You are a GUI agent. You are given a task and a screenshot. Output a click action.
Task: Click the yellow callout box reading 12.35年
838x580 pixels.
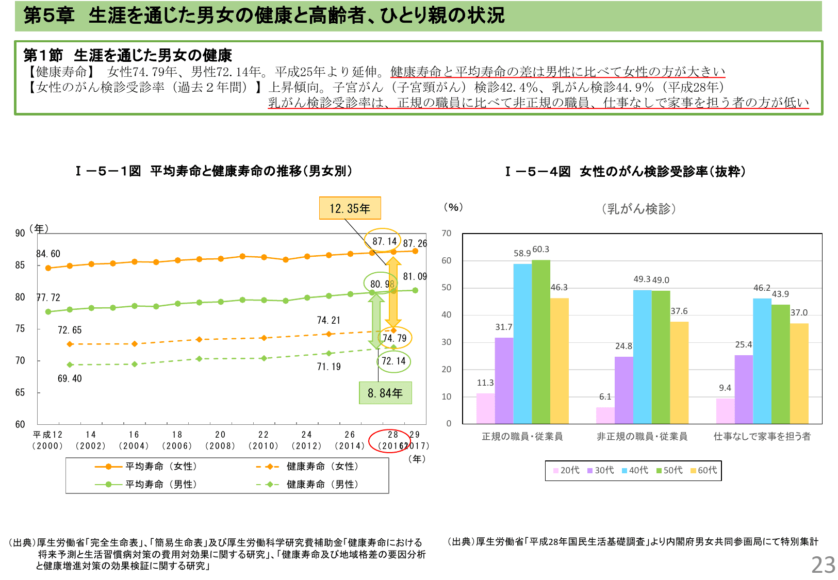[x=350, y=208]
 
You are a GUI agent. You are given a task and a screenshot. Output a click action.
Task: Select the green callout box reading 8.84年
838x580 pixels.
[x=385, y=393]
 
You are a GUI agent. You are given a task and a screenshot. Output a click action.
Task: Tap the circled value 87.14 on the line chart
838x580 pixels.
[x=384, y=241]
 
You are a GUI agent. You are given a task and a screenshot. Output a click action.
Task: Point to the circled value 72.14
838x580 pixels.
[x=393, y=361]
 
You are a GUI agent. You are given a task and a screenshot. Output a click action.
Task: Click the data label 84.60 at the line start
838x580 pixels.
[x=48, y=254]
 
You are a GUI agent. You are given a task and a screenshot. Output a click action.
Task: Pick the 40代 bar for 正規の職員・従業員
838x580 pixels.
[x=522, y=343]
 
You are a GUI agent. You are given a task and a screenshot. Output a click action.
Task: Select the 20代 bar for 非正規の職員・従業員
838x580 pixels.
[x=605, y=415]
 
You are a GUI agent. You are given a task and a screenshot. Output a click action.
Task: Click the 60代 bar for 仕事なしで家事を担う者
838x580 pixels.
[x=799, y=373]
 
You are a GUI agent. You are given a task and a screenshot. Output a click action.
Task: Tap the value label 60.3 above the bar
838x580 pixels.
[x=540, y=250]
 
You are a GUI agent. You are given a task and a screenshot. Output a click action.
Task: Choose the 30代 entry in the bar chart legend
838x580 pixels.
[x=601, y=470]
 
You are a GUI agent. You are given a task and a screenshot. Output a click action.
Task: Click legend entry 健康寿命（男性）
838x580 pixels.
[x=322, y=484]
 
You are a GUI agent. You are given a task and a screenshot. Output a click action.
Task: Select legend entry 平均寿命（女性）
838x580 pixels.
[x=161, y=466]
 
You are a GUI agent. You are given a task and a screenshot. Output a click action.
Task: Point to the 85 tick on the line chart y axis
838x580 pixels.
[x=20, y=265]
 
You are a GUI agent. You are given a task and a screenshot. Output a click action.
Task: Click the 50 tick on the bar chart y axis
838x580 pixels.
[x=446, y=287]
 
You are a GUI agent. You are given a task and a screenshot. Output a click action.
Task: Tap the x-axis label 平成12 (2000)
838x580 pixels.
[x=47, y=440]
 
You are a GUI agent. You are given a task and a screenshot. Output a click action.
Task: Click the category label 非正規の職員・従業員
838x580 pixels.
[x=642, y=437]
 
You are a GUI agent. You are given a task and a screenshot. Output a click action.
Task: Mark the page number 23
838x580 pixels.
[x=823, y=565]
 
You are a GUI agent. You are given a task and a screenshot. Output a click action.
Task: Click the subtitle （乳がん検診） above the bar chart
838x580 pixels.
[x=638, y=209]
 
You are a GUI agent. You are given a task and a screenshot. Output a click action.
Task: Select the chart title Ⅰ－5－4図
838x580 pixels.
[x=537, y=172]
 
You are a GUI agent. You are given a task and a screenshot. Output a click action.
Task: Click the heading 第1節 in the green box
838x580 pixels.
[x=43, y=55]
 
